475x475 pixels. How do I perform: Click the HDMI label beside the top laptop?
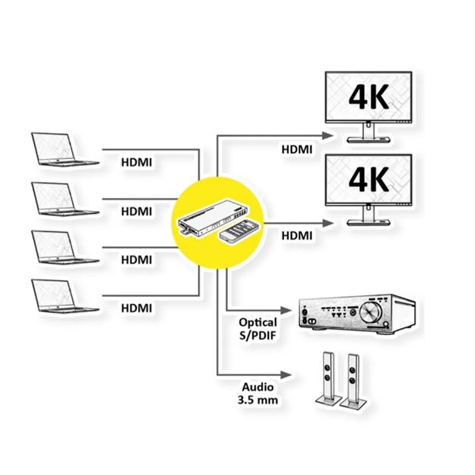point(136,162)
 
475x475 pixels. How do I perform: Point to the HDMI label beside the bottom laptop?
point(136,307)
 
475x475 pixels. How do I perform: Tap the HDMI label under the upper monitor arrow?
point(298,149)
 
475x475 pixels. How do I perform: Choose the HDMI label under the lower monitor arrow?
point(298,235)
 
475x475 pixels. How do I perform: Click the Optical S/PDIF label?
point(257,329)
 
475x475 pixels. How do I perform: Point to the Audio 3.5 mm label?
point(257,393)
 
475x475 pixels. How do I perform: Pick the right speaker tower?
point(354,380)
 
